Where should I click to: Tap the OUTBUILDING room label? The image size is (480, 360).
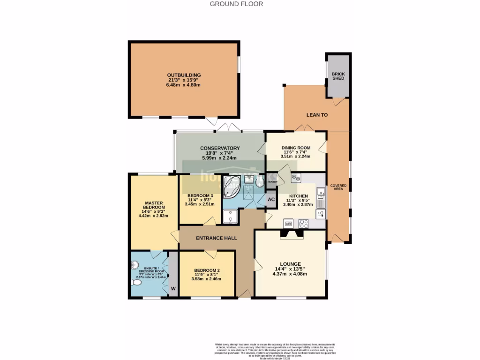click(184, 75)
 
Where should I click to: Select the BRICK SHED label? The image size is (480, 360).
click(338, 76)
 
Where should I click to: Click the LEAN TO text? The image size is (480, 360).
click(317, 114)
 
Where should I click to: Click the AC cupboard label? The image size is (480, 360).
click(271, 199)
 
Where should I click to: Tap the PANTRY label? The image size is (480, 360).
click(272, 182)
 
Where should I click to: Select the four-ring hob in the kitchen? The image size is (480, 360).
click(304, 224)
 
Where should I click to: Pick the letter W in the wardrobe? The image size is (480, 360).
click(173, 288)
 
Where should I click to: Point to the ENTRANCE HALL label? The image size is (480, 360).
click(216, 238)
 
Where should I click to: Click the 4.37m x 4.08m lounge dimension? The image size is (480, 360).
click(289, 274)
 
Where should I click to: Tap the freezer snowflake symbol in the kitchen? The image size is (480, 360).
click(296, 178)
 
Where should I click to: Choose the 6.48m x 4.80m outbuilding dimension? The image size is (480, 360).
click(184, 85)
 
